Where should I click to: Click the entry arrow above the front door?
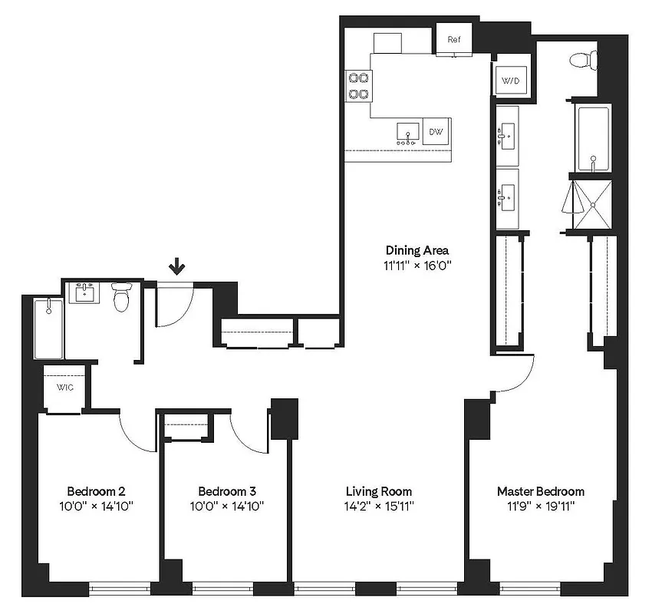coord(177,266)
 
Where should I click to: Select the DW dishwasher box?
coord(436,131)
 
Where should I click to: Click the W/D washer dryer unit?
coord(511,80)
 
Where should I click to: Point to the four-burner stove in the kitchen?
coord(358,85)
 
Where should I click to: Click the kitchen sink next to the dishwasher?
coord(407,133)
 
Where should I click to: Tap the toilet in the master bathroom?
coord(584,58)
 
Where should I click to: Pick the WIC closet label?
coord(64,388)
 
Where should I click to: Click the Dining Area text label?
coord(417,250)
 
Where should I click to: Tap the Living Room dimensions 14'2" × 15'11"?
coord(378,507)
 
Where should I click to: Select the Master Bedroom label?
coord(540,491)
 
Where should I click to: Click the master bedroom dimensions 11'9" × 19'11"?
coord(540,507)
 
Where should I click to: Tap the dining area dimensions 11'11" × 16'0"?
coord(417,266)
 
